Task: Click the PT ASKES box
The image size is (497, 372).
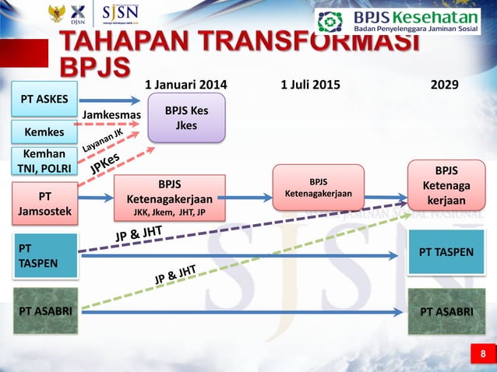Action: pyautogui.click(x=44, y=99)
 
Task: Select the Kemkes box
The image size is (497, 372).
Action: pyautogui.click(x=44, y=132)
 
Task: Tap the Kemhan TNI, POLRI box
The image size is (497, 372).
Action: pyautogui.click(x=44, y=162)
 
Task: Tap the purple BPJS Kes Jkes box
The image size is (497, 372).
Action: pyautogui.click(x=186, y=118)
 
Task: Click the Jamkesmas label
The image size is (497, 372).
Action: pyautogui.click(x=111, y=115)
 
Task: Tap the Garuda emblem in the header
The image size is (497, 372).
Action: pyautogui.click(x=56, y=13)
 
